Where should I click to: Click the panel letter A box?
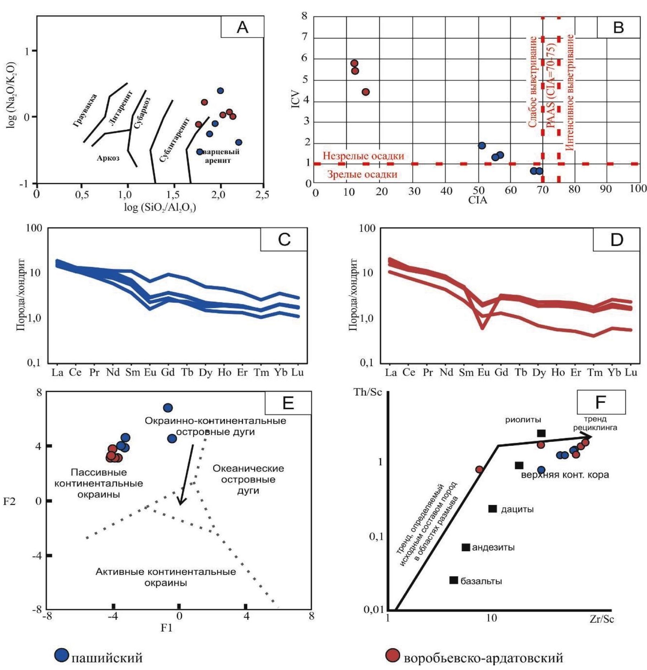pos(243,27)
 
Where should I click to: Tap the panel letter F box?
pos(601,402)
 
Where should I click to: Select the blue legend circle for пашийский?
pos(61,655)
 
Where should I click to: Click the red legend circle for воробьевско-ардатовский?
pos(393,655)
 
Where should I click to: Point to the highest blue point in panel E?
pos(168,408)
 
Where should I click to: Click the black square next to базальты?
pos(454,580)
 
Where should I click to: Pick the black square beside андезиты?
pos(466,547)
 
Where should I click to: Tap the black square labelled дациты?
pos(493,509)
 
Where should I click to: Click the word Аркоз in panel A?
pos(108,158)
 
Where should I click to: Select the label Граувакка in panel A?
pos(85,110)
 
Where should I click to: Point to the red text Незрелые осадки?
pos(363,156)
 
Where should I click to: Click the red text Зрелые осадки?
pos(362,175)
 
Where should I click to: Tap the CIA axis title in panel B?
pos(478,200)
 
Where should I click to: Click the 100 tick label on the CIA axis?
pos(638,189)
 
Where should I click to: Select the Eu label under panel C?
pos(150,373)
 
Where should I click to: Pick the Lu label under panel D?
pos(631,373)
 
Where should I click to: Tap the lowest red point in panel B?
pos(366,92)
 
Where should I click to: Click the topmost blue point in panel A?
pos(220,91)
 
